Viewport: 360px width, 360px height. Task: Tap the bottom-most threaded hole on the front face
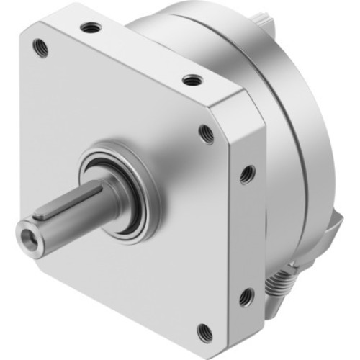pos(204,332)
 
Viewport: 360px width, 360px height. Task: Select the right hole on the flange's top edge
pos(192,79)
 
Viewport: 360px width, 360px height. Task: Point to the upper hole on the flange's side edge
pos(247,173)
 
